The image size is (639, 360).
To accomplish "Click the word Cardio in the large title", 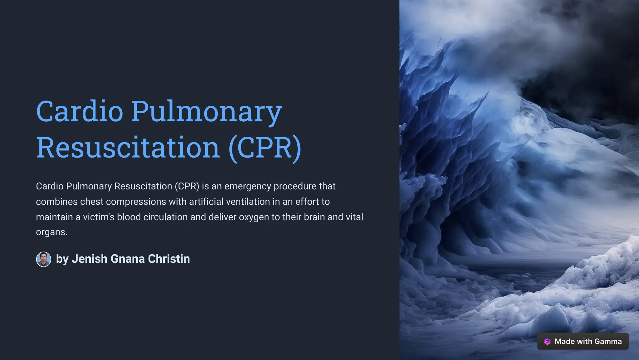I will click(80, 111).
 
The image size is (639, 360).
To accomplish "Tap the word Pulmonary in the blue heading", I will click(207, 111).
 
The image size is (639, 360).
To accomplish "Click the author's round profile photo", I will click(44, 259).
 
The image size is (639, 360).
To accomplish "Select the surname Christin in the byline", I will click(169, 259).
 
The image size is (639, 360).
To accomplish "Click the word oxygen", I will click(254, 217).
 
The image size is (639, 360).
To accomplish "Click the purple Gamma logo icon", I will click(547, 342).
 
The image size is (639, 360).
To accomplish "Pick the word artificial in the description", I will click(206, 202).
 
